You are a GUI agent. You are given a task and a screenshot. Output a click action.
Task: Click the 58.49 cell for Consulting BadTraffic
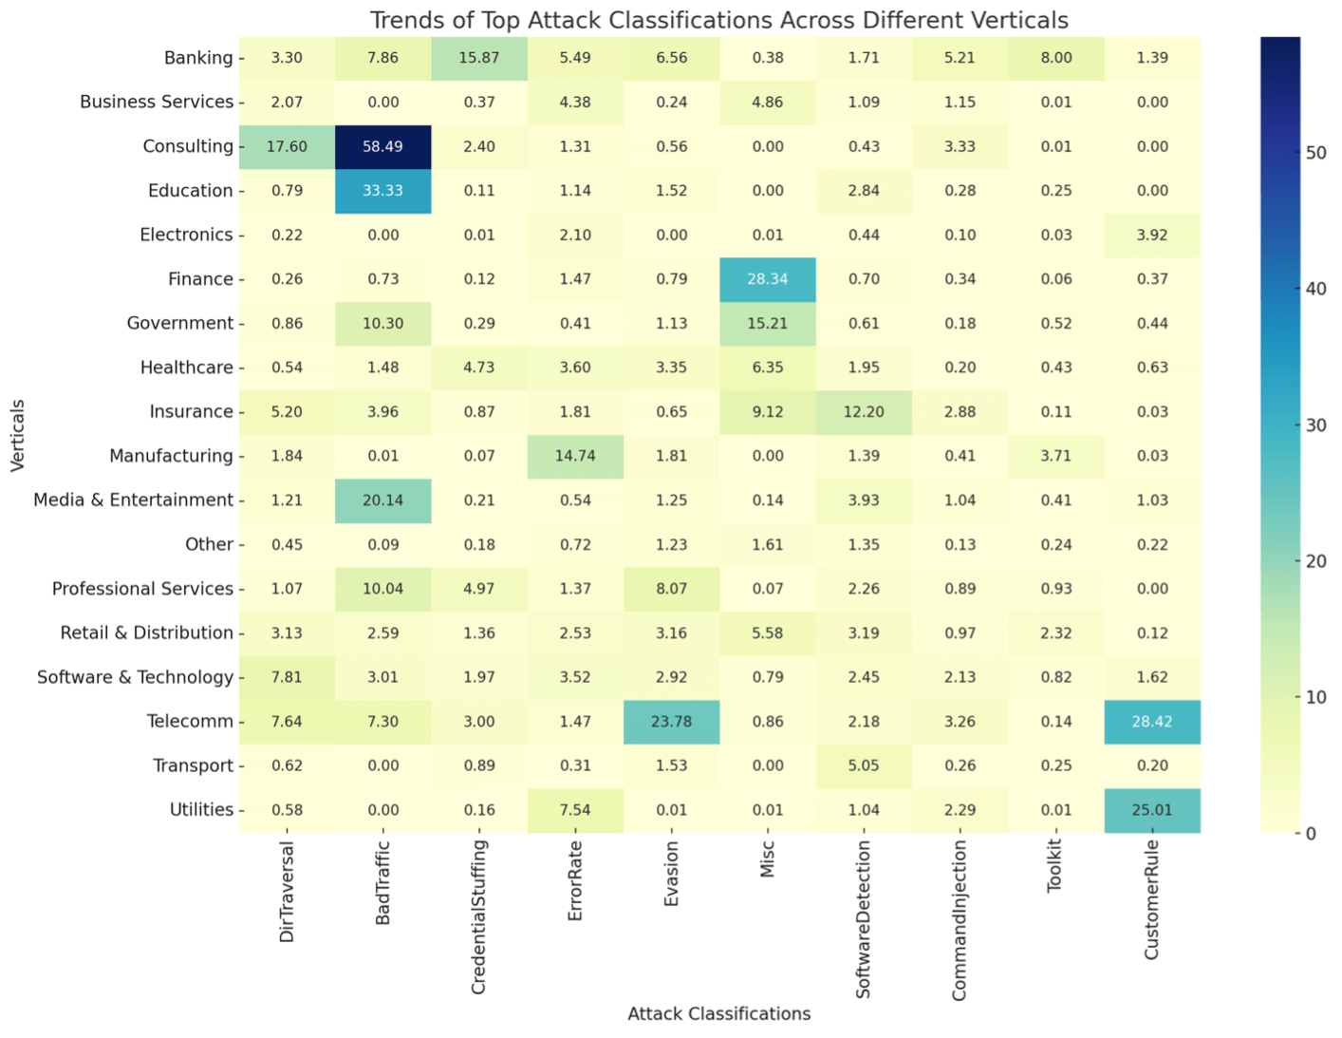pos(382,147)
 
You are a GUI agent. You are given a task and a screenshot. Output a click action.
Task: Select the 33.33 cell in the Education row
pos(382,191)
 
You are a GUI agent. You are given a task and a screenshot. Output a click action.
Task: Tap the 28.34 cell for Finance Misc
pos(767,279)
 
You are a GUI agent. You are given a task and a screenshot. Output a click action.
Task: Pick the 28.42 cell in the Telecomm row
pos(1151,722)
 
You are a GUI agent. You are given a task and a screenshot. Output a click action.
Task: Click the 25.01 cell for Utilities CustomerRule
pos(1151,810)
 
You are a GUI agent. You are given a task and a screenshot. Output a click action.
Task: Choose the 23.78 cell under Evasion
pos(671,722)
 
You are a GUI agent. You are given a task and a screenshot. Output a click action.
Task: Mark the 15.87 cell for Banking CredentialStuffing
pos(478,58)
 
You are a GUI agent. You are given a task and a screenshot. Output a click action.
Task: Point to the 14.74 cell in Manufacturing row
pos(575,456)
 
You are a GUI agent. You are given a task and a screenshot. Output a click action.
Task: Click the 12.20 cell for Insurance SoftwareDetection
pos(863,412)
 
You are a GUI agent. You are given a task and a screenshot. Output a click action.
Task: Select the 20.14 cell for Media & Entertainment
pos(382,500)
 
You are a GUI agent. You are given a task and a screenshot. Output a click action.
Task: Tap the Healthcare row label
pos(186,368)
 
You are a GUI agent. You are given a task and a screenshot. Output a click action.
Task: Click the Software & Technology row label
pos(135,677)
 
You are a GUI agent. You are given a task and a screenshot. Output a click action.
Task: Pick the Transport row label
pos(193,765)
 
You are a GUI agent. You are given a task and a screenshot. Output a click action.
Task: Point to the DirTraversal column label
pos(287,892)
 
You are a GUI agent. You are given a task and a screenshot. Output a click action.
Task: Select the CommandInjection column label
pos(960,919)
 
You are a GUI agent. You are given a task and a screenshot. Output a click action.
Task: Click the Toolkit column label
pos(1054,866)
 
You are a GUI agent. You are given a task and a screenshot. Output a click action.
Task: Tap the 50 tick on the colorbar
pos(1315,153)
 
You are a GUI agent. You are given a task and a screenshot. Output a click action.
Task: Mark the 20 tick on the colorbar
pos(1315,561)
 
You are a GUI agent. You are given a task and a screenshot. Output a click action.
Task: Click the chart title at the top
pos(718,20)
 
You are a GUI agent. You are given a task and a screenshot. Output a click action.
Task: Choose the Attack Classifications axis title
pos(718,1014)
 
